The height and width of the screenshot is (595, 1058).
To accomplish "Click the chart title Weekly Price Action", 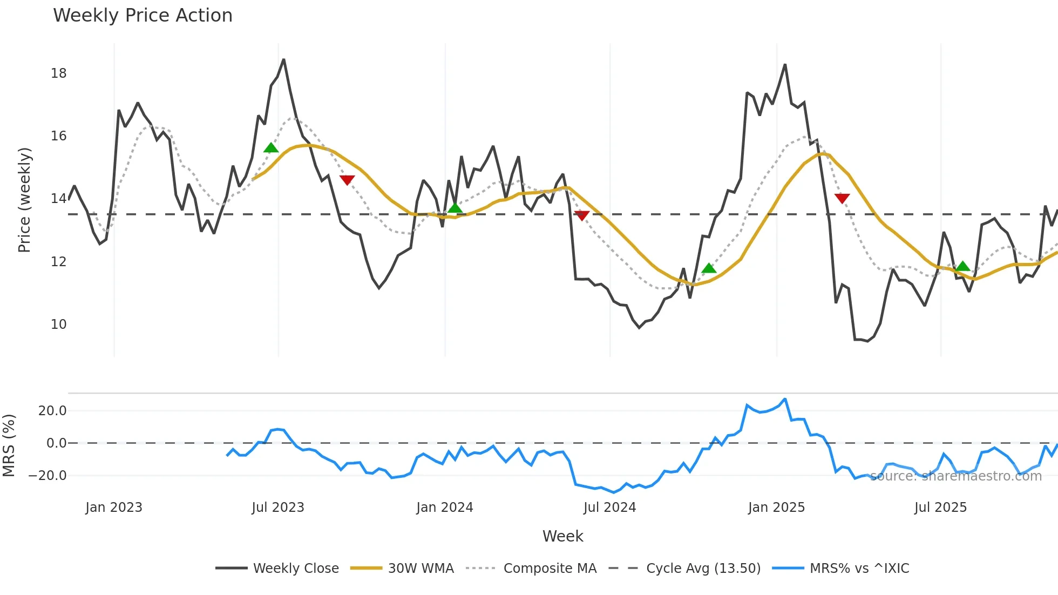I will click(x=143, y=16).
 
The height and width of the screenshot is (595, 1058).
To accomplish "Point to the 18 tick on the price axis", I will click(x=59, y=73).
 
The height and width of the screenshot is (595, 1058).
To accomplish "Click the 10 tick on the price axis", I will click(x=59, y=324).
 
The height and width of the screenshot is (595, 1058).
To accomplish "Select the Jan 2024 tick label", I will click(x=445, y=508).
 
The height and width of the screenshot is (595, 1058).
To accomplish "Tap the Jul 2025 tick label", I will click(x=940, y=508).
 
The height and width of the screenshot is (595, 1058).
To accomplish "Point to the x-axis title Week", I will click(x=562, y=536).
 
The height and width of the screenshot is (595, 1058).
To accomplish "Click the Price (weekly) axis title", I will click(x=25, y=200).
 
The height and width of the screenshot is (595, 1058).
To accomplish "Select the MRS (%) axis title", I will click(x=9, y=445).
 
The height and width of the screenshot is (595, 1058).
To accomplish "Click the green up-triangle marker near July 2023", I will click(x=271, y=148).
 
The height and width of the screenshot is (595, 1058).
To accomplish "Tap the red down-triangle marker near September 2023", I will click(x=347, y=180).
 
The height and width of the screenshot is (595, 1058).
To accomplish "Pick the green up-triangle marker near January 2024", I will click(x=455, y=208).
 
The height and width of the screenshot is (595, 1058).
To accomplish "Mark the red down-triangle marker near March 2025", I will click(x=842, y=198).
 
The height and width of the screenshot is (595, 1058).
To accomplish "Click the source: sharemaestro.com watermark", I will click(x=955, y=476).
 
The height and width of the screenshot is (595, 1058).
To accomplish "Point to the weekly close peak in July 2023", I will click(x=284, y=59).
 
